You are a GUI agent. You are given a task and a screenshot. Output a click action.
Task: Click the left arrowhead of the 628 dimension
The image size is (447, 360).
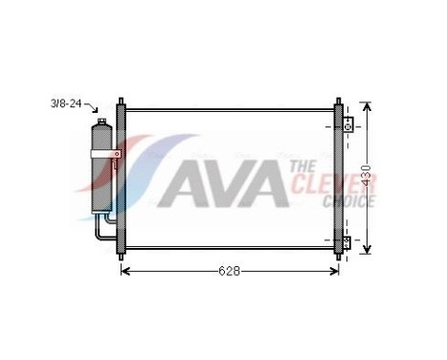[124, 271]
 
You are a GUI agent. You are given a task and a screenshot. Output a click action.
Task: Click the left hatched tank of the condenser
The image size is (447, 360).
[121, 177]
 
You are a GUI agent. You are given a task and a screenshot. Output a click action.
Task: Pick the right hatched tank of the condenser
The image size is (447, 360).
[337, 177]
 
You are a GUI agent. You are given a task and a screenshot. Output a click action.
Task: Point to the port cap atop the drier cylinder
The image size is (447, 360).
[100, 122]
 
